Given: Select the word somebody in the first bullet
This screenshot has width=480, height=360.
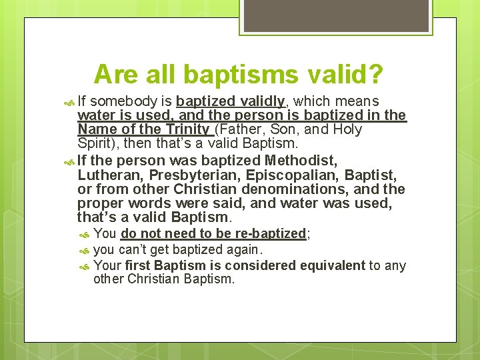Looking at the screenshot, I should click(x=123, y=102).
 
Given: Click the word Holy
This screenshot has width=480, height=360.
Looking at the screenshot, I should click(x=347, y=129).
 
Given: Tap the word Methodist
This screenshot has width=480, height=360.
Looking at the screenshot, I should click(x=301, y=161).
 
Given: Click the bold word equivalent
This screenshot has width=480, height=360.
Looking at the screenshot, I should click(x=333, y=265).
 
